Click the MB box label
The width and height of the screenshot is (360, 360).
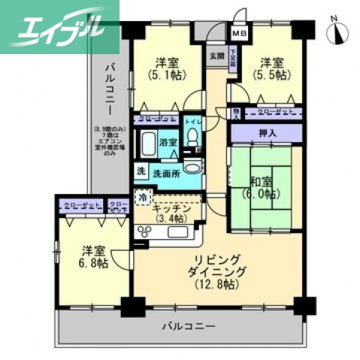[x=239, y=34]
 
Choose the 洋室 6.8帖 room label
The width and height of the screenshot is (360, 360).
[x=91, y=256]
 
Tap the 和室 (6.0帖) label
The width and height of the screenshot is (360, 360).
[x=262, y=186]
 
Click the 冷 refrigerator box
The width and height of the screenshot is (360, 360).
[x=142, y=198]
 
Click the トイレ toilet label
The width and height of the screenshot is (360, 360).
[x=192, y=121]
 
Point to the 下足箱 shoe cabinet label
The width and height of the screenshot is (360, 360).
[x=234, y=57]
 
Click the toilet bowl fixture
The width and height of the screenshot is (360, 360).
[x=192, y=139]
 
